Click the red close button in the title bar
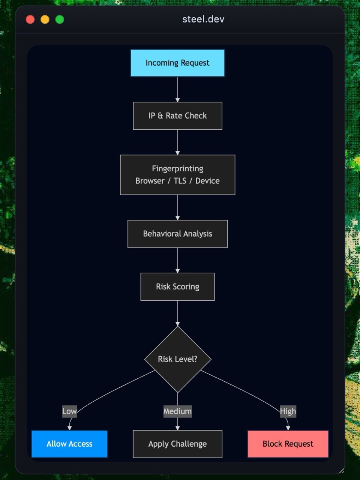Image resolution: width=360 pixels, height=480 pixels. point(30,19)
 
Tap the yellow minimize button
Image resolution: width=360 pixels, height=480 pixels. point(45,19)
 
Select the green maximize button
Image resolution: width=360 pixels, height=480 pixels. point(60,19)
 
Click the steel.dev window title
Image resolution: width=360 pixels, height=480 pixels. point(203,19)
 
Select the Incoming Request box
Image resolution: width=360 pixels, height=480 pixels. point(177,63)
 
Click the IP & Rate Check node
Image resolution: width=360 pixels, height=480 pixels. point(177,116)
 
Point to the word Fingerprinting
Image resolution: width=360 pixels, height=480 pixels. point(177,169)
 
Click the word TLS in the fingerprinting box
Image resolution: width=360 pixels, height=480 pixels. point(180,181)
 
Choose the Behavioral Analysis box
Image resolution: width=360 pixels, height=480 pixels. point(177,234)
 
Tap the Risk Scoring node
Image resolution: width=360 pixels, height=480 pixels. point(177,286)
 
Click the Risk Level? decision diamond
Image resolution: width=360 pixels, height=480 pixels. point(177,359)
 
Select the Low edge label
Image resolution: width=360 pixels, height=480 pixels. point(69,411)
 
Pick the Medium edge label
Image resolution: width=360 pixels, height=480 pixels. point(177,411)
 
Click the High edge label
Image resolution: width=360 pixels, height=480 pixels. point(288,411)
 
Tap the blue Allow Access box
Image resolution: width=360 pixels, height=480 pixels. point(69,444)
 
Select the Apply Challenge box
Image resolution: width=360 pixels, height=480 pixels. point(177,444)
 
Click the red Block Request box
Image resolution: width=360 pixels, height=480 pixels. point(288,444)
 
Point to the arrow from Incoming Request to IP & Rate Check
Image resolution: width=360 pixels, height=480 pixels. point(177,89)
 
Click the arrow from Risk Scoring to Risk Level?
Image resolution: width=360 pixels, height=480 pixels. point(177,313)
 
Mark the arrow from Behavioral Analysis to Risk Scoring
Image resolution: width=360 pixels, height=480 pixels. point(177,260)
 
